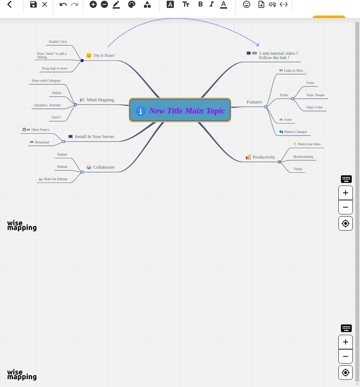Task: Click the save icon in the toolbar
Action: tap(33, 4)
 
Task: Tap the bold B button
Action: tap(201, 4)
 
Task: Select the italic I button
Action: tap(212, 4)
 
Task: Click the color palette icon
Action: tap(132, 4)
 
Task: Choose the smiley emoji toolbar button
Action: tap(247, 4)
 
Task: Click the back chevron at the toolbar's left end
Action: tap(9, 4)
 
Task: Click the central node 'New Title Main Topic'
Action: tap(180, 110)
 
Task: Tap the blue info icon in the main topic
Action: tap(140, 111)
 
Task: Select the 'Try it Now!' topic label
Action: tap(104, 55)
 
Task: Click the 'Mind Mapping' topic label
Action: tap(100, 100)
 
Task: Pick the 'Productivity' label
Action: tap(264, 157)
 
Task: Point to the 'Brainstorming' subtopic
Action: tap(303, 157)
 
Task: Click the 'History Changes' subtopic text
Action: tap(296, 132)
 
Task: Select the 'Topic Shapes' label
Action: tap(315, 95)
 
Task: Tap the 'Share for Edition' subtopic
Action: tap(55, 179)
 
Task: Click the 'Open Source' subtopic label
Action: tap(40, 130)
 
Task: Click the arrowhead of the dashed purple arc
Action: tap(258, 45)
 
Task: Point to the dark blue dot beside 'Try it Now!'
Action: tap(82, 61)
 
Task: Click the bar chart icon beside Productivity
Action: tap(248, 157)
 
